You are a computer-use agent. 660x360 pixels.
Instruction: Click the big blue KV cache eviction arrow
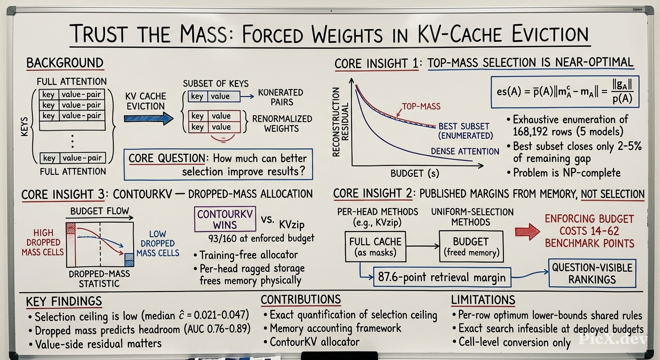click(x=149, y=119)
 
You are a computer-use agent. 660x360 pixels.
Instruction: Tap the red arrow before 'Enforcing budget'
click(x=527, y=232)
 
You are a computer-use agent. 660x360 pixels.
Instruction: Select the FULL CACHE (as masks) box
click(x=375, y=247)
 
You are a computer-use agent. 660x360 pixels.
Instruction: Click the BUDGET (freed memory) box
click(x=471, y=247)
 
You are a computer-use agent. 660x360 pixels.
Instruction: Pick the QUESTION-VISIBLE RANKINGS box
click(x=592, y=273)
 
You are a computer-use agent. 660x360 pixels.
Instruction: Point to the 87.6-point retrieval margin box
click(x=442, y=277)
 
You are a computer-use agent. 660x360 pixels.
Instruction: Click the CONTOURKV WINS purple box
click(x=225, y=219)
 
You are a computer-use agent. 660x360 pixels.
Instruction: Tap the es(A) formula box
click(x=565, y=92)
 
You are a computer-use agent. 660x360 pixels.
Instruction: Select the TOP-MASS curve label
click(x=421, y=106)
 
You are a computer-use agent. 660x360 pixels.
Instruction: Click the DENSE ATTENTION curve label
click(x=465, y=151)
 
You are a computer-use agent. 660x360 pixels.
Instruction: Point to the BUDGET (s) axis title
click(x=415, y=173)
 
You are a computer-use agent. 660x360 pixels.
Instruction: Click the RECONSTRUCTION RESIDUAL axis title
click(x=340, y=122)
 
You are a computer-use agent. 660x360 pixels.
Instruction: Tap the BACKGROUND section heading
click(x=65, y=63)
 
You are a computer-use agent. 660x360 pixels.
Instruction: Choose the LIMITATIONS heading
click(x=483, y=300)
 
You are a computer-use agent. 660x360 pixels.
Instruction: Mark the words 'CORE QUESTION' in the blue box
click(x=167, y=158)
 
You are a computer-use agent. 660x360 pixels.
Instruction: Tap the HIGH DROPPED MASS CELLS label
click(x=43, y=242)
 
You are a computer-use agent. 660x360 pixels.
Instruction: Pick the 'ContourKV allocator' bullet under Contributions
click(x=311, y=342)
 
